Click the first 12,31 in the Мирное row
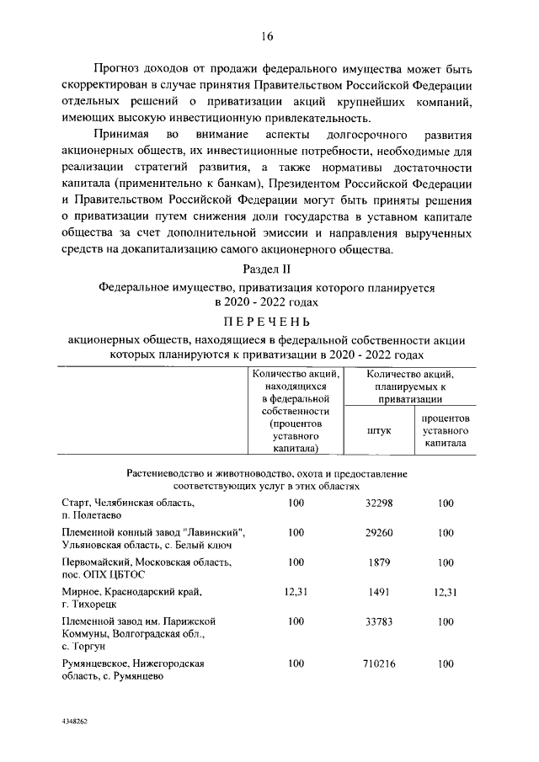click(x=296, y=592)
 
